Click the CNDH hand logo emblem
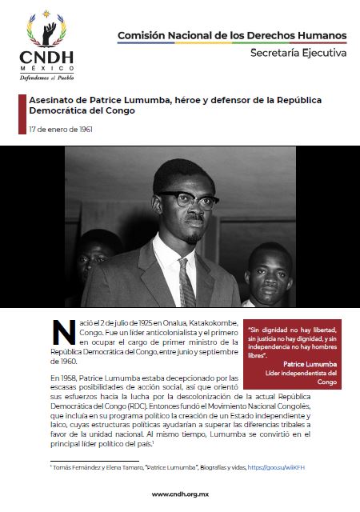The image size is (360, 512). pyautogui.click(x=47, y=30)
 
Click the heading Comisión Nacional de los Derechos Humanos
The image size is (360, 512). pyautogui.click(x=232, y=36)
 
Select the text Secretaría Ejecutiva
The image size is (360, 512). pyautogui.click(x=298, y=53)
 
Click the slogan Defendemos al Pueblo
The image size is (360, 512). pyautogui.click(x=46, y=78)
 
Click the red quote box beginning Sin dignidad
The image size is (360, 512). pyautogui.click(x=294, y=354)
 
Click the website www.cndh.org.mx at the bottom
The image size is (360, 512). pyautogui.click(x=180, y=495)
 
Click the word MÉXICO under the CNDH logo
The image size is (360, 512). pyautogui.click(x=46, y=69)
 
